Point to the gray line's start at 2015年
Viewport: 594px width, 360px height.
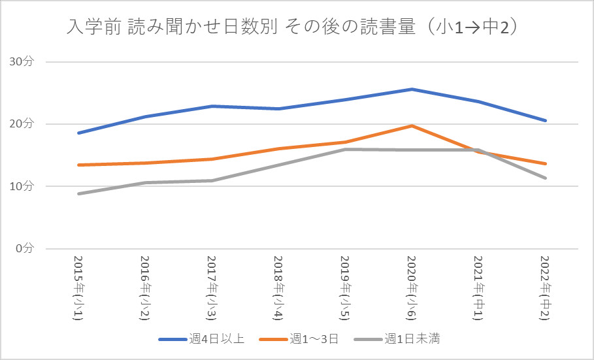coord(78,193)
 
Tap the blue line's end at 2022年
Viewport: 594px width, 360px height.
coord(546,120)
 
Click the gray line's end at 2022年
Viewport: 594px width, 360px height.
coord(546,178)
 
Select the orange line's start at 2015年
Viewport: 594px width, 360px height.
coord(78,165)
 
